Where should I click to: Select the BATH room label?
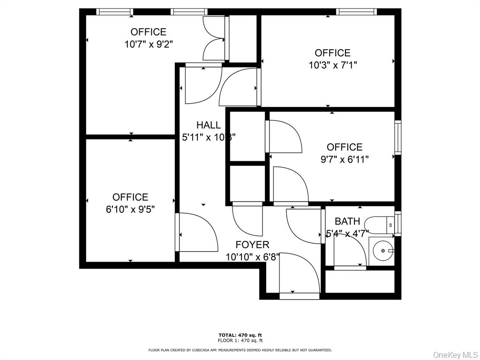pos(347,221)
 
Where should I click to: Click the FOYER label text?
pos(252,245)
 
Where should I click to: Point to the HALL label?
pos(209,125)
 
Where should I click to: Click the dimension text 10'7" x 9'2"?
pos(149,45)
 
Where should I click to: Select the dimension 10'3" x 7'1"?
pos(333,65)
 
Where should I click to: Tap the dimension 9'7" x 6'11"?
pos(345,159)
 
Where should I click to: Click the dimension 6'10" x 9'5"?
pos(130,209)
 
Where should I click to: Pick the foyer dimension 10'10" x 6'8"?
pos(252,257)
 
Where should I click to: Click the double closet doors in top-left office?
pos(214,38)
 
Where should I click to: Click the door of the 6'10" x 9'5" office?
pos(197,232)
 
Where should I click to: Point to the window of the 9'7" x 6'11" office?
pos(397,138)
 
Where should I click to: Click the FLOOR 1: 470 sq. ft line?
pos(240,340)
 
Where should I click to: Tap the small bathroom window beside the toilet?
pos(398,223)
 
